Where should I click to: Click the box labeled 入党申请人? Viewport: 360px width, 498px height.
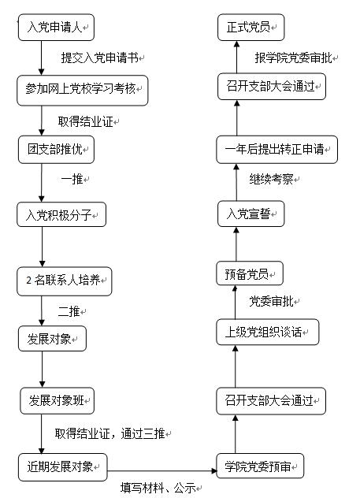pos(56,28)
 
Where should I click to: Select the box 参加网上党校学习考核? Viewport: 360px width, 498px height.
pos(83,91)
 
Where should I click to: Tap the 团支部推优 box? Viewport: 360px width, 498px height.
pos(56,150)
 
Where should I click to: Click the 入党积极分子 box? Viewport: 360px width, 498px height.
pos(61,214)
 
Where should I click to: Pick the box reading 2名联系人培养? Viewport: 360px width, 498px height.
pos(65,281)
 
